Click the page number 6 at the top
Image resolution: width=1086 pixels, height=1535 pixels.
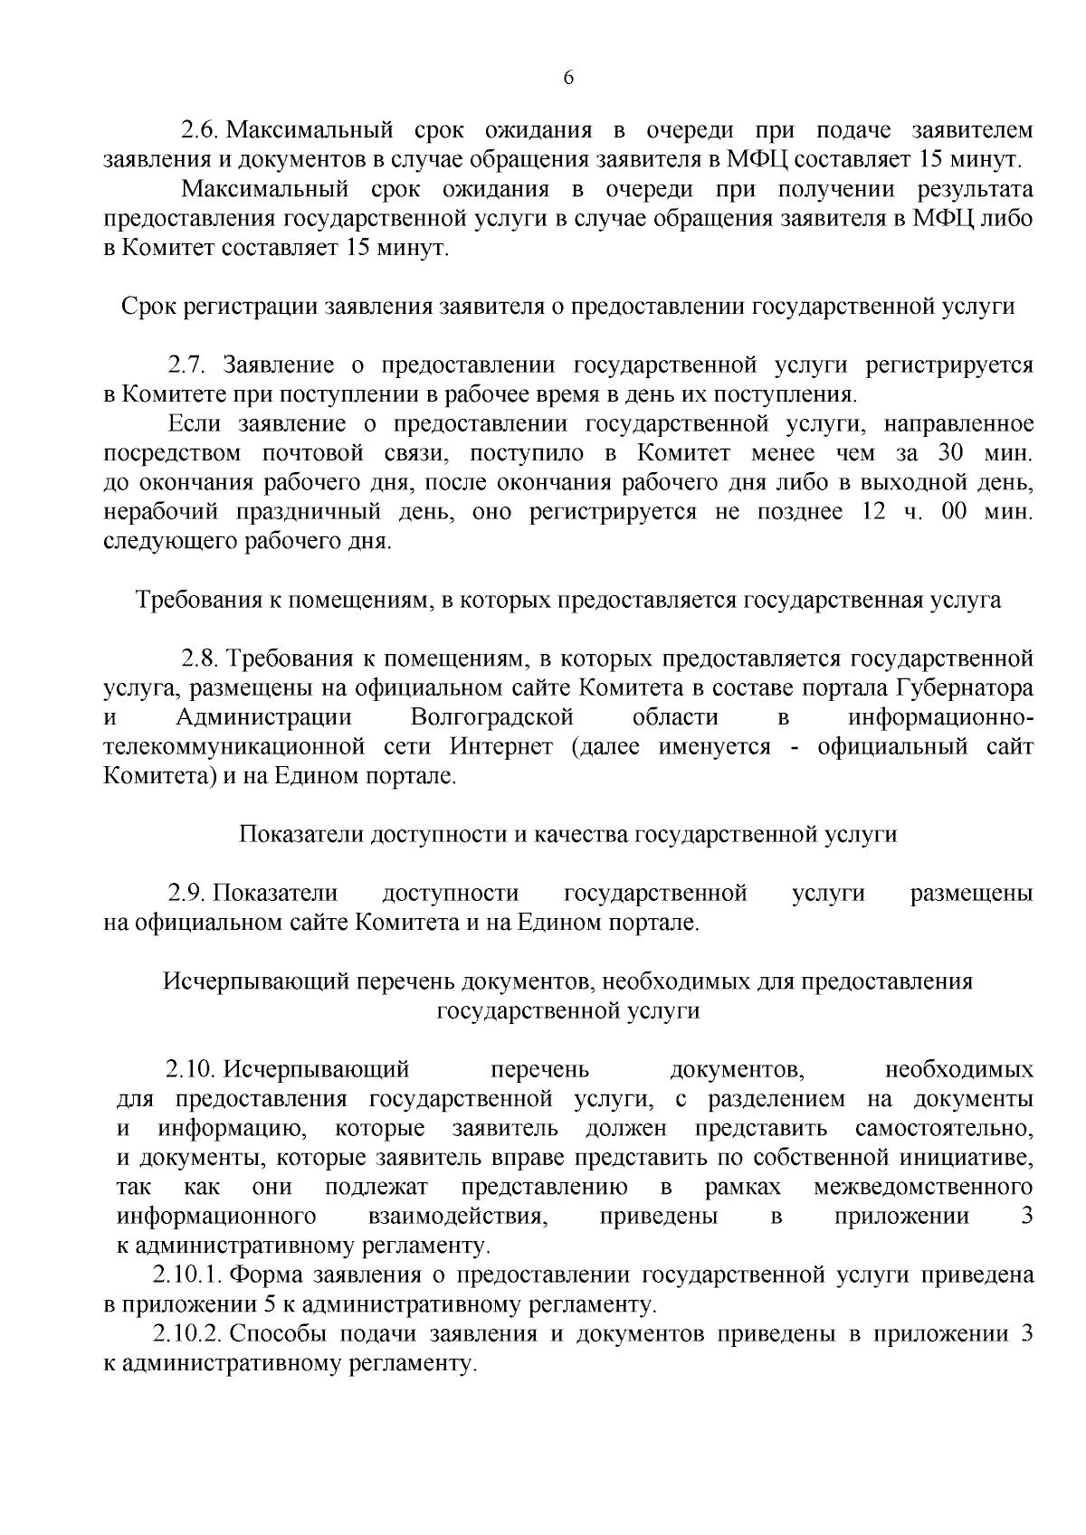[568, 78]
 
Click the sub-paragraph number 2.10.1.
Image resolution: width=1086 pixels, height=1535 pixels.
[186, 1275]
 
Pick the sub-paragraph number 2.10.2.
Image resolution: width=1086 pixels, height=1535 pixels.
[186, 1334]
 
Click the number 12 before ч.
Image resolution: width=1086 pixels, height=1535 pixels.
[860, 513]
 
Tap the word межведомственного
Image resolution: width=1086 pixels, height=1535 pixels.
[924, 1187]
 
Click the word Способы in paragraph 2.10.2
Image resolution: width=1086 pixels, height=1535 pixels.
[277, 1334]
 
